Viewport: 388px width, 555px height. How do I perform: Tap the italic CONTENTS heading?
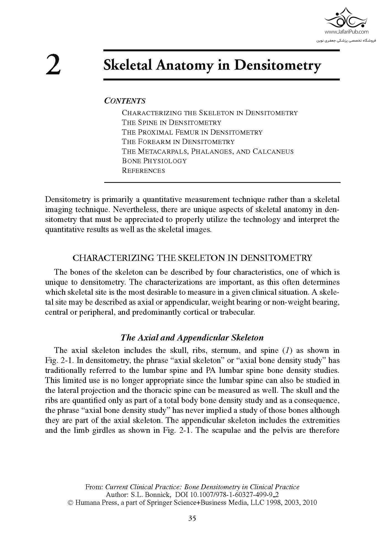tap(125, 101)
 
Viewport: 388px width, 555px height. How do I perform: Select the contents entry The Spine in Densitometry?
tap(172, 122)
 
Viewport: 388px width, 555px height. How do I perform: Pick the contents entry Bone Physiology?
tap(154, 161)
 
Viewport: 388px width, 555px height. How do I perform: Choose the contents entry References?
tap(143, 171)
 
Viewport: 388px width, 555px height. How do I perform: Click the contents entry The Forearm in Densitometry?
tap(178, 142)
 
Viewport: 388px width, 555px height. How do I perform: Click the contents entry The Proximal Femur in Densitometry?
tap(192, 132)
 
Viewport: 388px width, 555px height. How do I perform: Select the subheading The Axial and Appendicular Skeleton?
tap(192, 337)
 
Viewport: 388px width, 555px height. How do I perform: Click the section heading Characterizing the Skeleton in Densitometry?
tap(192, 258)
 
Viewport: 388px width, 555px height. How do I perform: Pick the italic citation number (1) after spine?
tap(289, 350)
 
